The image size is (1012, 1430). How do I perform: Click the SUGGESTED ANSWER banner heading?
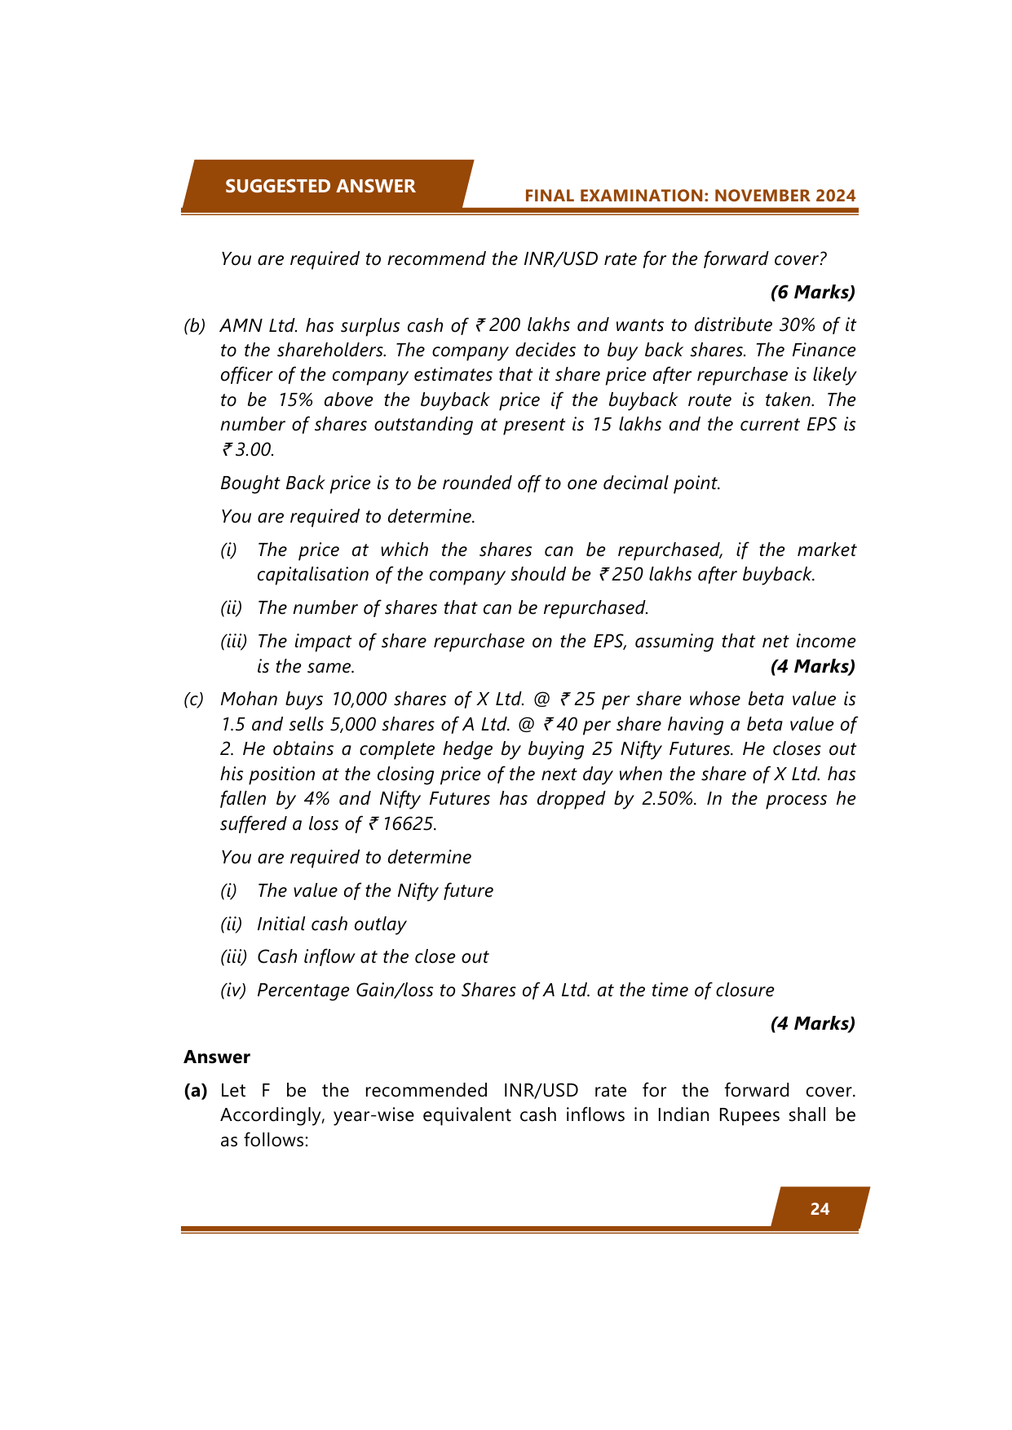[x=320, y=186]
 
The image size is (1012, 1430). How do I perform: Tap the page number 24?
[x=820, y=1209]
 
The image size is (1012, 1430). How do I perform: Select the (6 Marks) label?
[x=812, y=292]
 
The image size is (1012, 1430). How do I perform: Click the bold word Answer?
[x=217, y=1057]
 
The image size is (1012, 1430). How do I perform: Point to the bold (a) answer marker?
[x=196, y=1091]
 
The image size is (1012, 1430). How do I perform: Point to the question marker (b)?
[x=194, y=325]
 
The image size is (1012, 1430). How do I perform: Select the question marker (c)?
[x=194, y=700]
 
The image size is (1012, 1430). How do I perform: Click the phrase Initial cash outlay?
[x=331, y=925]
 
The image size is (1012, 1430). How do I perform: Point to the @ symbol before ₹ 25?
[x=542, y=700]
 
